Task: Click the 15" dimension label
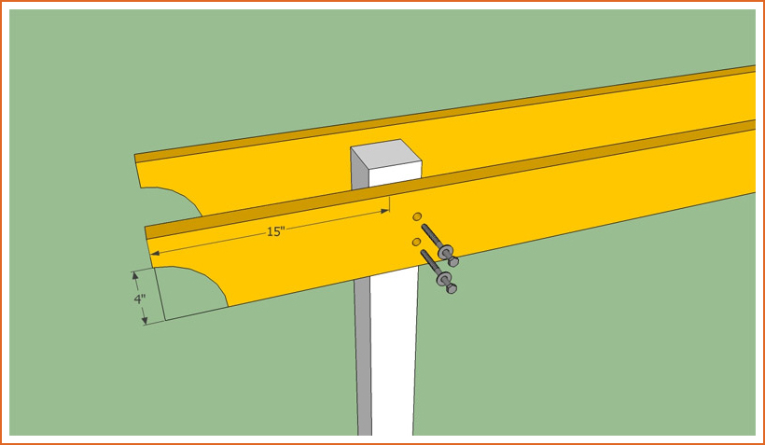click(275, 231)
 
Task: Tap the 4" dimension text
click(140, 299)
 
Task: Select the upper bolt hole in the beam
click(417, 216)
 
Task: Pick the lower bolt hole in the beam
click(417, 242)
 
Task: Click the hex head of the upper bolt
click(453, 262)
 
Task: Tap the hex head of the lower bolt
click(452, 288)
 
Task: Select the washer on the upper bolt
click(445, 253)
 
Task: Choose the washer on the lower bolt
click(443, 279)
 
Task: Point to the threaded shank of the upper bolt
click(431, 236)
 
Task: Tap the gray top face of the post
click(386, 154)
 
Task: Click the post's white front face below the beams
click(393, 352)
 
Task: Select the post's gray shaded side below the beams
click(363, 356)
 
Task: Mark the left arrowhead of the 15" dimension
click(154, 252)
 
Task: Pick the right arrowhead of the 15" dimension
click(385, 211)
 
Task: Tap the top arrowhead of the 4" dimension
click(135, 276)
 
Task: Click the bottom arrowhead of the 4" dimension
click(145, 320)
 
